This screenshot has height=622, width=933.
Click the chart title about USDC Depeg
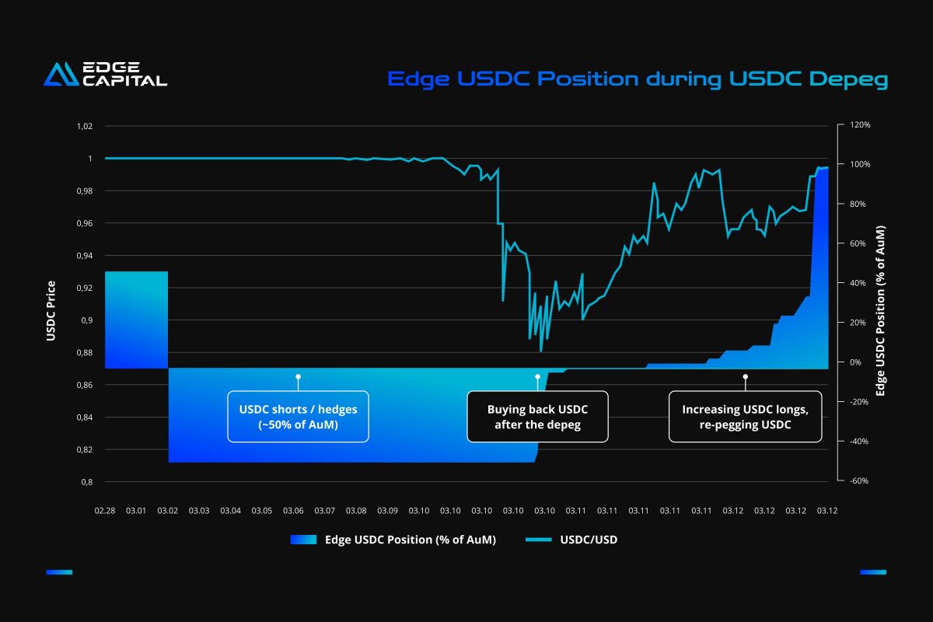[638, 79]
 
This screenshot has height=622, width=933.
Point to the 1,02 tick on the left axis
[84, 126]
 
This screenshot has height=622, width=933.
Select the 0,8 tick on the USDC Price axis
[86, 482]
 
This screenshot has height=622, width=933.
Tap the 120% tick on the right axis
[859, 124]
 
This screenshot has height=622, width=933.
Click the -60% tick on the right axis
[859, 480]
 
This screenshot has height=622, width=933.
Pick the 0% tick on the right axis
[855, 362]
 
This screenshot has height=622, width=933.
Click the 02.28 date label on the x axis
[105, 511]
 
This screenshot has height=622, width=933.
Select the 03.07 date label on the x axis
[325, 511]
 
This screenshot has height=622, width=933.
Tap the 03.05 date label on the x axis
[262, 511]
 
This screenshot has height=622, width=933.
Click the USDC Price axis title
[51, 310]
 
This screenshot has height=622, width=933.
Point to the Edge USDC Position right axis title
[880, 311]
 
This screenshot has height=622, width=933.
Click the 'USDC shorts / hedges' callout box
[298, 417]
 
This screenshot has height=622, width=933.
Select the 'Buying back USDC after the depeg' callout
[537, 417]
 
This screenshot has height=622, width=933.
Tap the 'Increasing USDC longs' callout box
[745, 417]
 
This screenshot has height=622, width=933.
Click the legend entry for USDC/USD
[571, 540]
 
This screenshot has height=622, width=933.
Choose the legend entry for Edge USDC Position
[393, 540]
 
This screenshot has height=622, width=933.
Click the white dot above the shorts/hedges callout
[298, 376]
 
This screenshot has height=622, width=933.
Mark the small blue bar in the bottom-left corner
[59, 572]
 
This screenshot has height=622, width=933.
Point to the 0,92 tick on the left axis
[84, 288]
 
